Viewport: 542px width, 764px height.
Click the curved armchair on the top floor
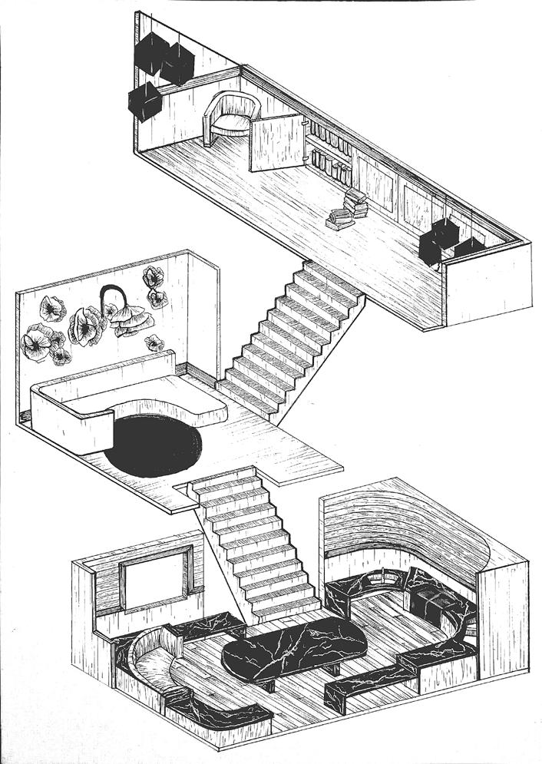[x=228, y=117]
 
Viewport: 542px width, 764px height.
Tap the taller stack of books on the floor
[x=356, y=202]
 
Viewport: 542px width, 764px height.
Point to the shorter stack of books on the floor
[x=339, y=220]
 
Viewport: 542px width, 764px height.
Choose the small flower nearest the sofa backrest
[x=154, y=343]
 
